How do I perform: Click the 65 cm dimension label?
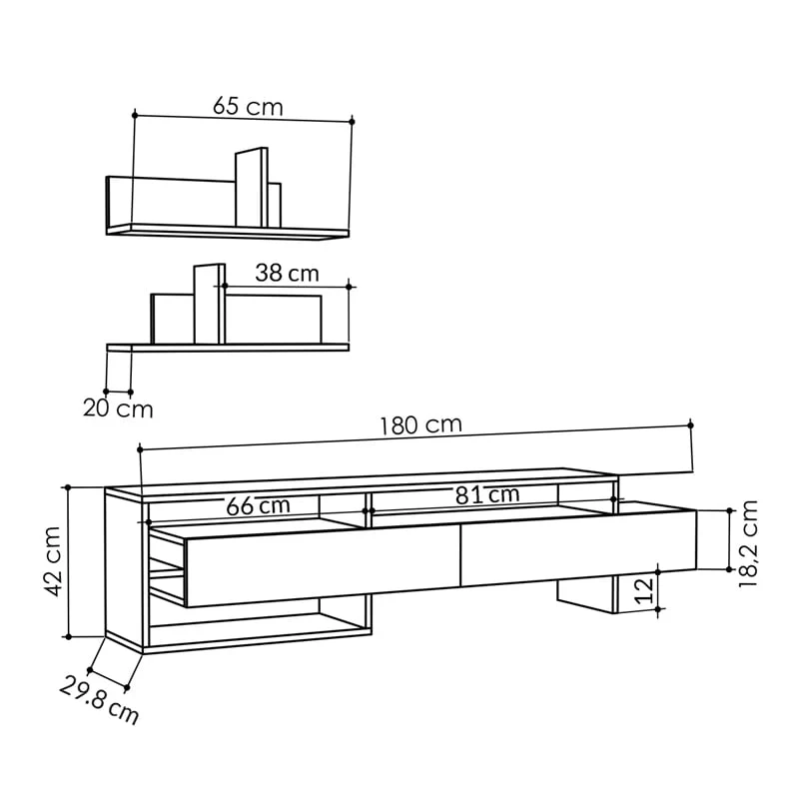(x=248, y=106)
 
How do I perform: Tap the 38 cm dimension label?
(x=287, y=273)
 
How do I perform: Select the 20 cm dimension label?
(x=118, y=408)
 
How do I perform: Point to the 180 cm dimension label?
(x=420, y=425)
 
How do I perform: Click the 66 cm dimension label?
(x=258, y=505)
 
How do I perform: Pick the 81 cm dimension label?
(x=487, y=494)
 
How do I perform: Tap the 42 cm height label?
(x=53, y=561)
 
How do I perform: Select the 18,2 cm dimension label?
(x=748, y=543)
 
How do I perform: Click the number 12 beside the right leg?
(x=644, y=590)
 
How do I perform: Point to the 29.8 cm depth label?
(x=99, y=700)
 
